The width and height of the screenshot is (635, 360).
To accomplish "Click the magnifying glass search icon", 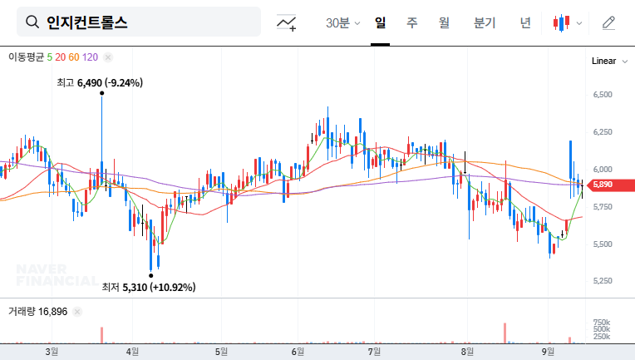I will coord(32,22).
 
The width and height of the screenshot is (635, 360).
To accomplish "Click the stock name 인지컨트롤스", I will coord(87,22).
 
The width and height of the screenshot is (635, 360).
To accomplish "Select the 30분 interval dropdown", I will coord(342,23).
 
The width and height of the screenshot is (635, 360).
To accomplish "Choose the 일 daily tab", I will coord(380,23).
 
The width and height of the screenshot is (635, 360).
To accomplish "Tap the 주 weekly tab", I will coord(411,23).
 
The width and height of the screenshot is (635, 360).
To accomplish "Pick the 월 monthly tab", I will coord(444,23).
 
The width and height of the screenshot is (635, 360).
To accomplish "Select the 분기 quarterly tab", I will coord(484,23).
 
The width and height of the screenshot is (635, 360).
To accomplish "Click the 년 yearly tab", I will coord(525,23).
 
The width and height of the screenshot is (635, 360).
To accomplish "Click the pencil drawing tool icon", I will coord(608,23).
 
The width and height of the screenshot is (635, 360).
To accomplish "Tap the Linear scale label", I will coord(603,62).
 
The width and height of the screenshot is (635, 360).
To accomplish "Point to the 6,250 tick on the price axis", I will coord(602,132).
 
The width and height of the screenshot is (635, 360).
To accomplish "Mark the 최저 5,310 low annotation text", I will coord(148,288).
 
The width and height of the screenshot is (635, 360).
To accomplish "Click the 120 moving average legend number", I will coord(91,57).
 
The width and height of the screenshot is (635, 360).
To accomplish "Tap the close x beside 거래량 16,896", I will coord(76,312).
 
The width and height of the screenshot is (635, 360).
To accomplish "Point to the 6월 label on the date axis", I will coord(298,352).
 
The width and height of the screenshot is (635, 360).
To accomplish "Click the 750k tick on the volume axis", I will coord(602,323).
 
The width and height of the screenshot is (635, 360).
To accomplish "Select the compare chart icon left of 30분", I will coord(287,23).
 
